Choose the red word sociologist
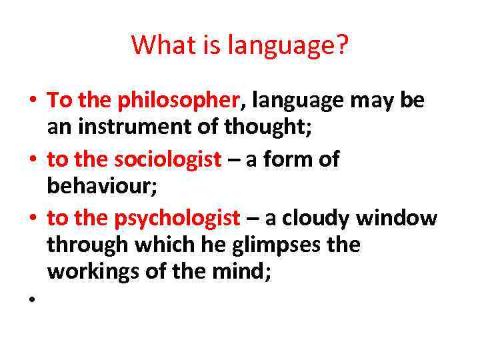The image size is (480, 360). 167,159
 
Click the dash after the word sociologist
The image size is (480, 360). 234,160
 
